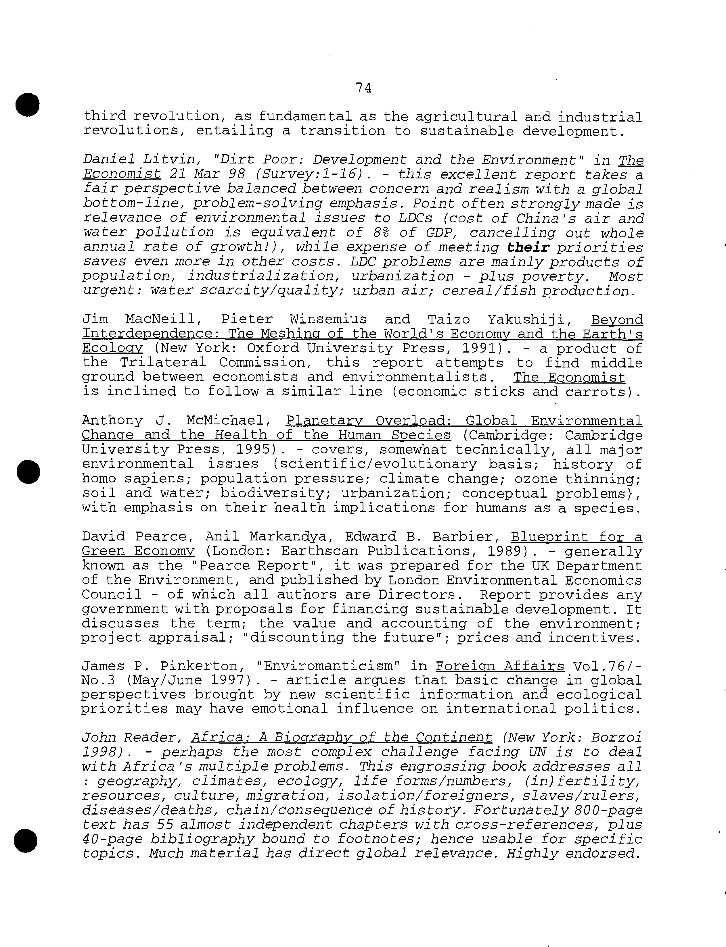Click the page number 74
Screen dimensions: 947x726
(x=363, y=88)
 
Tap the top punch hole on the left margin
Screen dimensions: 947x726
(x=28, y=105)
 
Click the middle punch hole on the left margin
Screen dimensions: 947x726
(x=28, y=471)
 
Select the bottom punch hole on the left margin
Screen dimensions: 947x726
(x=26, y=841)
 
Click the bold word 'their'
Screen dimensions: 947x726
(x=528, y=247)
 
